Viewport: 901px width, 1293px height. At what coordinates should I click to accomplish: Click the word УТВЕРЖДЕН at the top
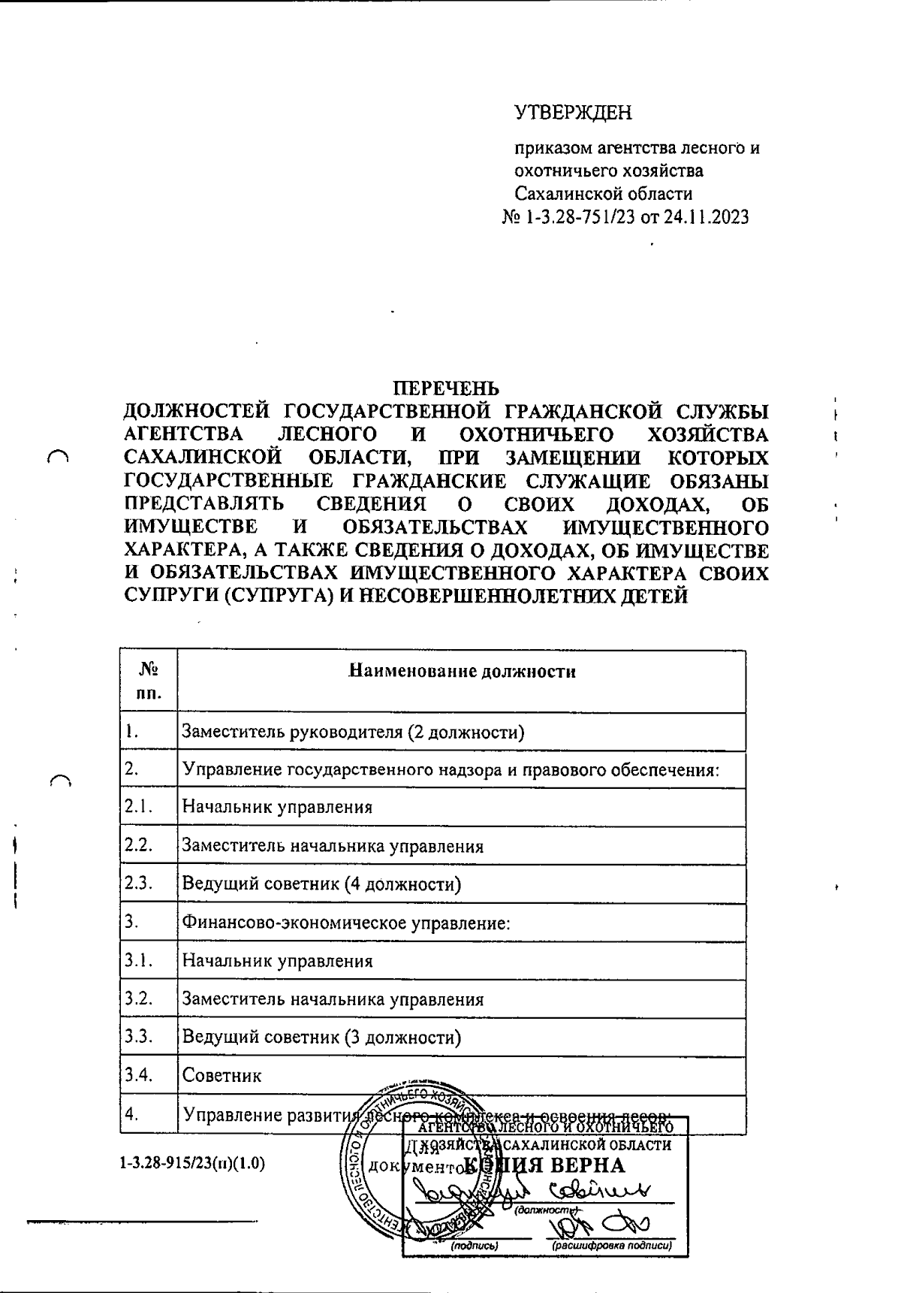pyautogui.click(x=573, y=113)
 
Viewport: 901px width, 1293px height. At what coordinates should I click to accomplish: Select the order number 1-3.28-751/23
pyautogui.click(x=578, y=218)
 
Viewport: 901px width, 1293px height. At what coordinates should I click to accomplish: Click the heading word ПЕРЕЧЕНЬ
pyautogui.click(x=446, y=388)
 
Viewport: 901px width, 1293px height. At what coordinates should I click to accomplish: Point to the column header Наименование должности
pyautogui.click(x=463, y=672)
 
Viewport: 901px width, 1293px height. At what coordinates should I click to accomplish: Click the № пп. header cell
pyautogui.click(x=149, y=681)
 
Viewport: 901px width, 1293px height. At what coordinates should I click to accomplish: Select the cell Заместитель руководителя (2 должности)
pyautogui.click(x=353, y=732)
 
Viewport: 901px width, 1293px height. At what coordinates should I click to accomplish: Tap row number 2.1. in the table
pyautogui.click(x=139, y=807)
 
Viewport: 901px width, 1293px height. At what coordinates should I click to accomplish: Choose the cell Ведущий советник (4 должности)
pyautogui.click(x=321, y=884)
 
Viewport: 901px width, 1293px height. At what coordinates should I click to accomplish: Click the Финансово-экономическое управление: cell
pyautogui.click(x=346, y=923)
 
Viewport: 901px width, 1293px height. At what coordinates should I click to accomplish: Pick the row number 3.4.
pyautogui.click(x=139, y=1075)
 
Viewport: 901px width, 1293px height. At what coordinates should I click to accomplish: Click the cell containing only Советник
pyautogui.click(x=222, y=1076)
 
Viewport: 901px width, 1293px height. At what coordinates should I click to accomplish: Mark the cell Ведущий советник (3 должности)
pyautogui.click(x=321, y=1038)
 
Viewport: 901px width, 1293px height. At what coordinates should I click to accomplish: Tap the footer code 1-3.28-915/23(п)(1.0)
pyautogui.click(x=192, y=1165)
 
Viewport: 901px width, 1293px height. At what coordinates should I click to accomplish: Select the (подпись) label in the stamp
pyautogui.click(x=475, y=1246)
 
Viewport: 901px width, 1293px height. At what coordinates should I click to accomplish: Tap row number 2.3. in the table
pyautogui.click(x=139, y=884)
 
